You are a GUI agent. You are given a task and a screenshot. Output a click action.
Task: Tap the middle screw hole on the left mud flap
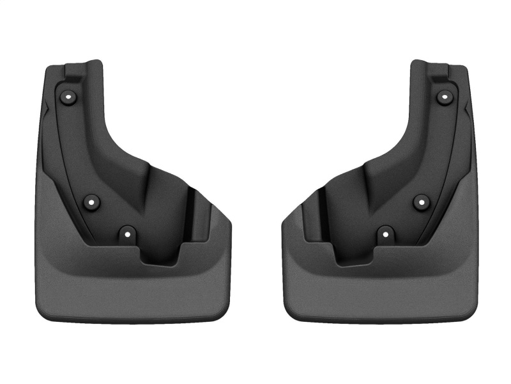[93, 202]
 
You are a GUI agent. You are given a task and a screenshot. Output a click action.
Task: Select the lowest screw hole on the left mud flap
[127, 234]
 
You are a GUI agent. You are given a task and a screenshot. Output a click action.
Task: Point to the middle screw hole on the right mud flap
[420, 202]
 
